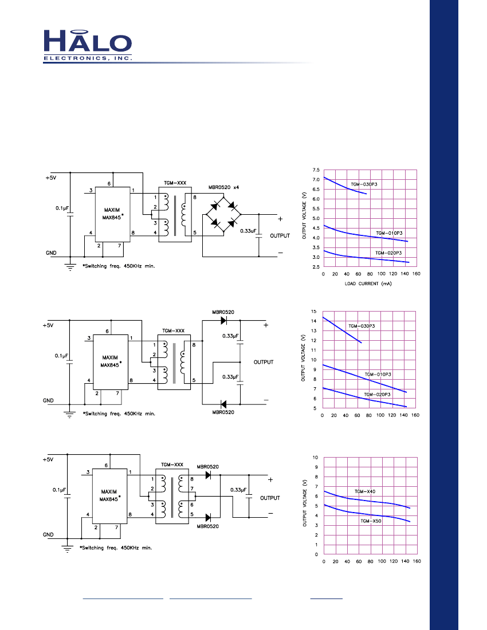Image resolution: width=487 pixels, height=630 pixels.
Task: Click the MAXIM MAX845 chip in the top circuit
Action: pyautogui.click(x=112, y=215)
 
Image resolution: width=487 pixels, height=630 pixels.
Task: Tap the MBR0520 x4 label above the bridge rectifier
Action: pyautogui.click(x=224, y=187)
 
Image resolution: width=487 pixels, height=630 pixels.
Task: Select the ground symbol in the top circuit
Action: pyautogui.click(x=70, y=267)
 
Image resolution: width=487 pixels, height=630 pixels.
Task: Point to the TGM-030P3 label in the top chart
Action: pyautogui.click(x=364, y=184)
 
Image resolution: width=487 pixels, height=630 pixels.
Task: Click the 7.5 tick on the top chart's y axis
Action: pyautogui.click(x=316, y=170)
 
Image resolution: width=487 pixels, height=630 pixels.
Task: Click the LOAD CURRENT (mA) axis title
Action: pyautogui.click(x=368, y=283)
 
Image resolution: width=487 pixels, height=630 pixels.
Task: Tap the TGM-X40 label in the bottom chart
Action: pyautogui.click(x=365, y=491)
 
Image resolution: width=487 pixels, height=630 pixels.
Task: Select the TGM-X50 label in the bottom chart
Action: pyautogui.click(x=371, y=521)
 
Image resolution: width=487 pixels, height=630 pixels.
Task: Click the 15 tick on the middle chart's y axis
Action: pyautogui.click(x=313, y=312)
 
